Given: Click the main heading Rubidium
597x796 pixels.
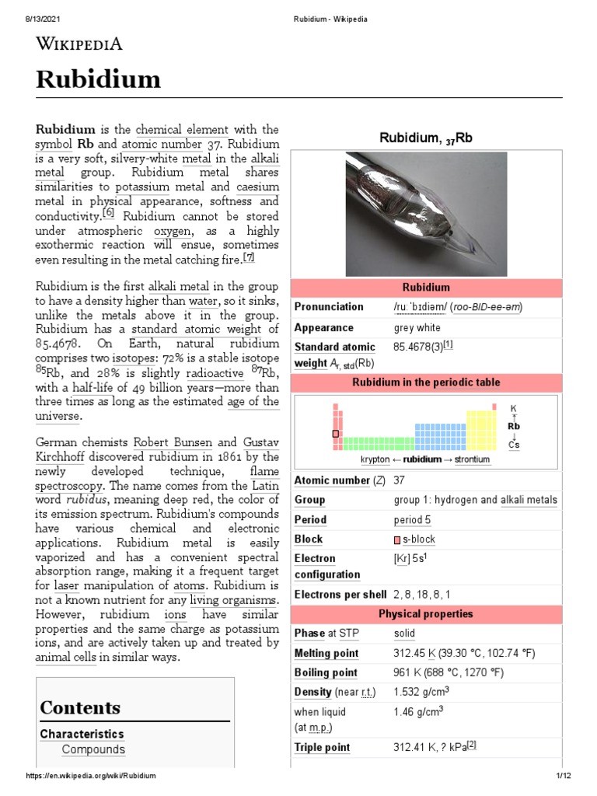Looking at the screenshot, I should (99, 79).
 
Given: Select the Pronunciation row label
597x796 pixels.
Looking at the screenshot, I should (329, 307).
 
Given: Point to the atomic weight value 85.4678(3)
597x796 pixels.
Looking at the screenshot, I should (423, 347).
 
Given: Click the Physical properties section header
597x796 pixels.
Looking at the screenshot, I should (425, 614).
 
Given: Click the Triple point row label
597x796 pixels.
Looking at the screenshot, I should (322, 748).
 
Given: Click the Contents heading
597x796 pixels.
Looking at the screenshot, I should (80, 707).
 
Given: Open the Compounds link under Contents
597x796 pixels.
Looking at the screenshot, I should (93, 749).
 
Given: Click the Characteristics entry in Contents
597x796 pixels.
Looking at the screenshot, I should (82, 734).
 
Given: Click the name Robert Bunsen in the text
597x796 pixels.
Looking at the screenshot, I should (167, 442).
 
